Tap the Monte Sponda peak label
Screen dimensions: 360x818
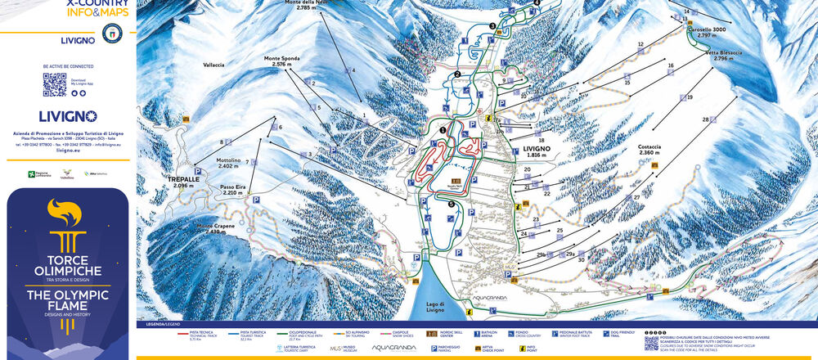coord(281,63)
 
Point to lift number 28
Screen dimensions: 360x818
coord(705,119)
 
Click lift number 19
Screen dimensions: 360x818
coord(690,97)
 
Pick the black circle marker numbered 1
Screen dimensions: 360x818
coord(443,129)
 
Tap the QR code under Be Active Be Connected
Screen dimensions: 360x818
coord(54,84)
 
